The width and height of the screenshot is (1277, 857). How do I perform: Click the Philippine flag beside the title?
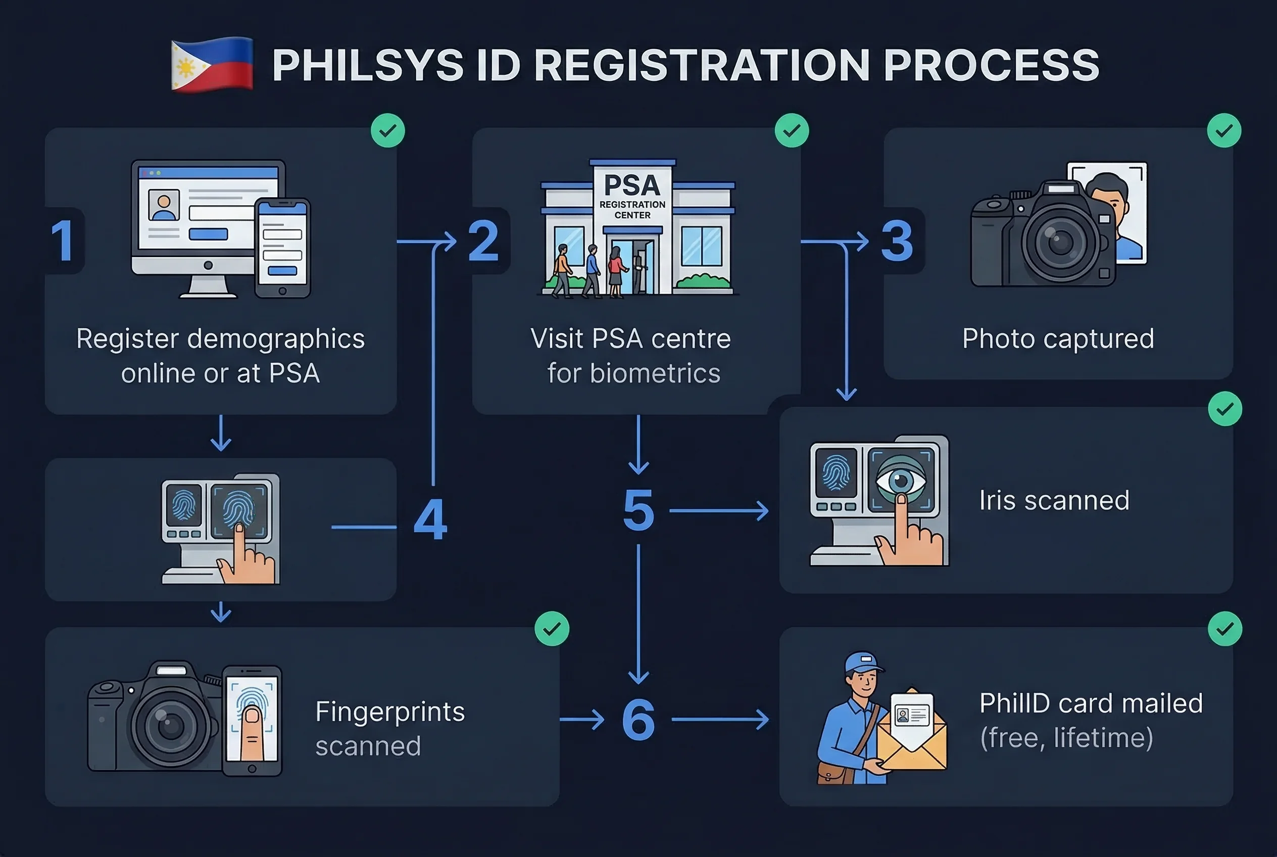(x=212, y=65)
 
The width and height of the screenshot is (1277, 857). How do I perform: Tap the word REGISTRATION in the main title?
(x=701, y=66)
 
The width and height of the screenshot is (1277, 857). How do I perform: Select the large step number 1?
(x=63, y=241)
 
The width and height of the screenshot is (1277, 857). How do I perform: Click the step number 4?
(x=430, y=519)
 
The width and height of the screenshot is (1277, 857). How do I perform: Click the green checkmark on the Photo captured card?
(x=1224, y=131)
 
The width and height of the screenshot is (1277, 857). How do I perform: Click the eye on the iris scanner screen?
(x=901, y=481)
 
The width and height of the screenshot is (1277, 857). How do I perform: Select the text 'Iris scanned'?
(x=1054, y=500)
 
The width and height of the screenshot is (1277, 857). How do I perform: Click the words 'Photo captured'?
(x=1058, y=339)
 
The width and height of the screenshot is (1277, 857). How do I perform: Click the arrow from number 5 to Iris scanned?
(x=718, y=511)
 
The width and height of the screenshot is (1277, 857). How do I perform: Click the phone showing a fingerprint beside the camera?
(x=252, y=721)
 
